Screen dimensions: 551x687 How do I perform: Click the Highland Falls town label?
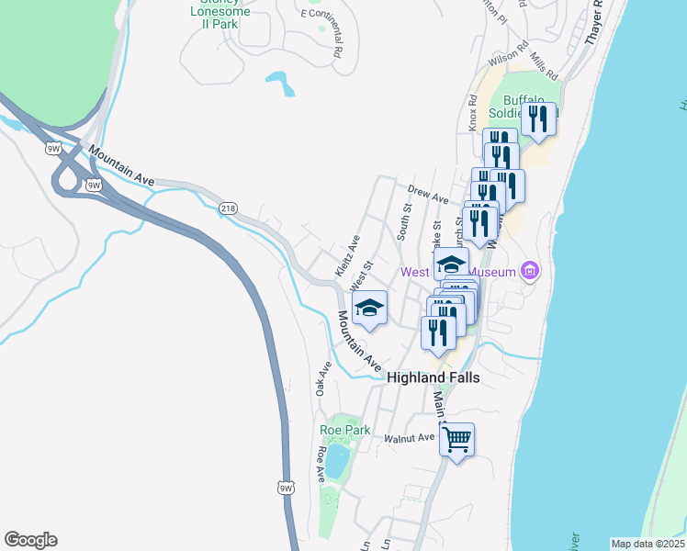pyautogui.click(x=433, y=377)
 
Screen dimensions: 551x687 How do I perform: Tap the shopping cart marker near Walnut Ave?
pyautogui.click(x=456, y=439)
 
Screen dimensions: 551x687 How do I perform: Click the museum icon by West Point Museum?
pyautogui.click(x=530, y=271)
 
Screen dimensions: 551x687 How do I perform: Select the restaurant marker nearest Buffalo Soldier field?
pyautogui.click(x=538, y=119)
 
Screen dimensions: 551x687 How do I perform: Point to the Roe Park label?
pyautogui.click(x=343, y=429)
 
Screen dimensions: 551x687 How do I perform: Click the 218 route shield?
pyautogui.click(x=227, y=208)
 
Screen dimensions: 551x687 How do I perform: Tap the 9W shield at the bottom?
pyautogui.click(x=287, y=489)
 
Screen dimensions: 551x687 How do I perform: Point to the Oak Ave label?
pyautogui.click(x=323, y=379)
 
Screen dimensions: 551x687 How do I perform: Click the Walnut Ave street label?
pyautogui.click(x=409, y=438)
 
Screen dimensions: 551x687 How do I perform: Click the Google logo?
pyautogui.click(x=30, y=540)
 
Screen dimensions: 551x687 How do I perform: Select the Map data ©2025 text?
pyautogui.click(x=648, y=544)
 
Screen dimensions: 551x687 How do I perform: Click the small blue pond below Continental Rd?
pyautogui.click(x=281, y=84)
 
